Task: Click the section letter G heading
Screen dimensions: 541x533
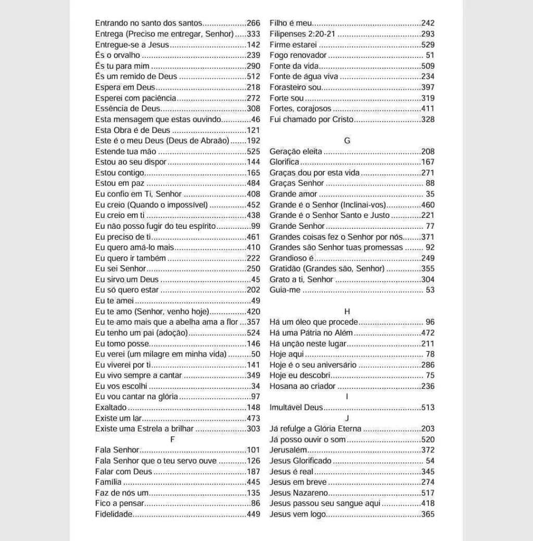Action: tap(347, 141)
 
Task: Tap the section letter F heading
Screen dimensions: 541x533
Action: tap(172, 439)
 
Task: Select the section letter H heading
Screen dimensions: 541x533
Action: tap(347, 311)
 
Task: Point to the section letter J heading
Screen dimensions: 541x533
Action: tap(347, 418)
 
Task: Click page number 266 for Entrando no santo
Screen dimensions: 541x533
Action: tap(253, 23)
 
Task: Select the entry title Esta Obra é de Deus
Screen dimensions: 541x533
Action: tap(133, 130)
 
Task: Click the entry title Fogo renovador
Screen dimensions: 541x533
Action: tap(298, 55)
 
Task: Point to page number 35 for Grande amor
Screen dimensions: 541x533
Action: tap(430, 194)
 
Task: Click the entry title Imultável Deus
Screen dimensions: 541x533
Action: tap(296, 408)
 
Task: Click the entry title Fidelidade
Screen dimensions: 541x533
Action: tap(114, 514)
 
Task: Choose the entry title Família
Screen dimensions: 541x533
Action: tap(108, 482)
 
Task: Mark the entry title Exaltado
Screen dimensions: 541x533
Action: tap(111, 408)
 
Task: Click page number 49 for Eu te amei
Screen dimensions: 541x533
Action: tap(256, 301)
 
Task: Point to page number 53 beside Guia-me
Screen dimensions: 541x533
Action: tap(430, 290)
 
